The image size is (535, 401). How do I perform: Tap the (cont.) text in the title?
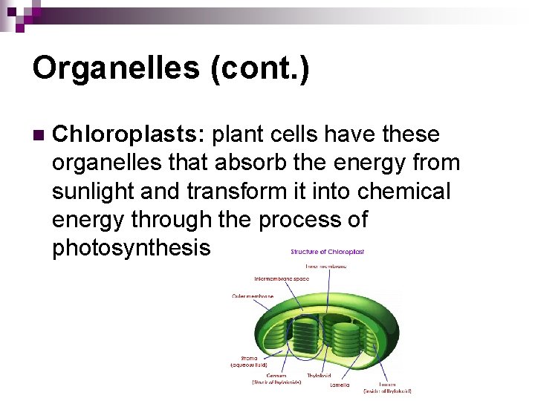(x=260, y=68)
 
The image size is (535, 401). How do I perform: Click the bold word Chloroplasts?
(x=129, y=134)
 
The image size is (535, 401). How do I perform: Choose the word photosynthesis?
(x=132, y=247)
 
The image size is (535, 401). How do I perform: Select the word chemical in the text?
(x=404, y=191)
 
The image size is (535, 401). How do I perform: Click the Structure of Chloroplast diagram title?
(x=328, y=252)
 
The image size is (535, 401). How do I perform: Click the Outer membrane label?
(x=253, y=296)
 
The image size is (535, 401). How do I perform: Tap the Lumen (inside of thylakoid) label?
(x=387, y=388)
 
